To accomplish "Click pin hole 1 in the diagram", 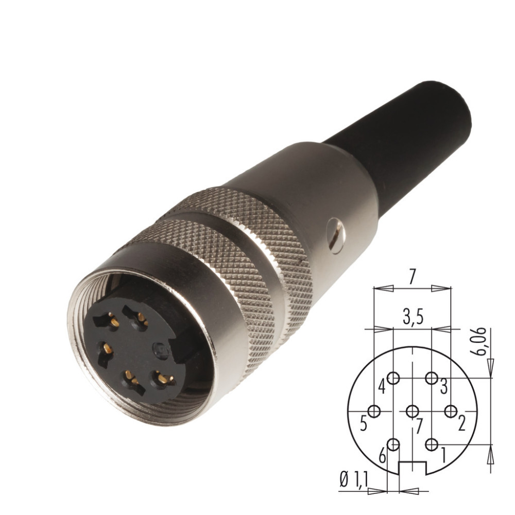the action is (431, 445).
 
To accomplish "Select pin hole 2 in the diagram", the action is (451, 411).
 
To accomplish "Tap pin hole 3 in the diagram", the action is (431, 378).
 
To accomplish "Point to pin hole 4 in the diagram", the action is (393, 378).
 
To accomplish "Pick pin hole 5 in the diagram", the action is (374, 411).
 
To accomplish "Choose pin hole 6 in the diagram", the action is (393, 445).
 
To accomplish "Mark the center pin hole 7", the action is (412, 411).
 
